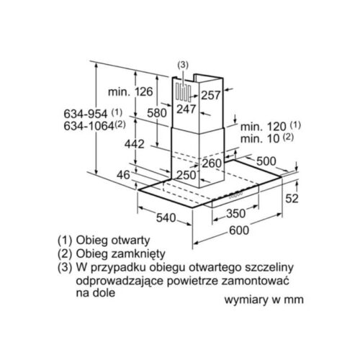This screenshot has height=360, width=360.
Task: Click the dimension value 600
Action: click(239, 230)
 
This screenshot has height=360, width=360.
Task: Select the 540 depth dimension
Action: click(166, 218)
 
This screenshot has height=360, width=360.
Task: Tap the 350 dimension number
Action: click(236, 213)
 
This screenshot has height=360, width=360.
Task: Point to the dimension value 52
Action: click(292, 199)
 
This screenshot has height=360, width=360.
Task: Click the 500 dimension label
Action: click(266, 161)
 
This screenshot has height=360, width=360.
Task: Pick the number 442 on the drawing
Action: click(135, 144)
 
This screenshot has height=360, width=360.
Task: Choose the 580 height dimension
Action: click(157, 113)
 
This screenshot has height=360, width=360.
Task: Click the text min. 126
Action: click(130, 91)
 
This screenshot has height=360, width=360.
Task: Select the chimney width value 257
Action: click(211, 95)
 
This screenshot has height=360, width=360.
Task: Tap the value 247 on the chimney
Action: click(186, 109)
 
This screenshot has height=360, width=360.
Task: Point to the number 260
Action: click(212, 163)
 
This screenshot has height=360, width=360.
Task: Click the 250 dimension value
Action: click(186, 175)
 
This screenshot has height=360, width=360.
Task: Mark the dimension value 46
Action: click(123, 175)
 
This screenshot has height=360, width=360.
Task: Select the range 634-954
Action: click(86, 114)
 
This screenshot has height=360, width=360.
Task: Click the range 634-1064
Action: click(89, 126)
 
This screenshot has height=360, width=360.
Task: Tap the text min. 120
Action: click(264, 127)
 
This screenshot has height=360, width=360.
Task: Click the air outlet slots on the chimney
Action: click(183, 92)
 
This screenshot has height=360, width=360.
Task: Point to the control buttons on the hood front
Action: click(235, 194)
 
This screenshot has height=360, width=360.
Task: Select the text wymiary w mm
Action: click(264, 300)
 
